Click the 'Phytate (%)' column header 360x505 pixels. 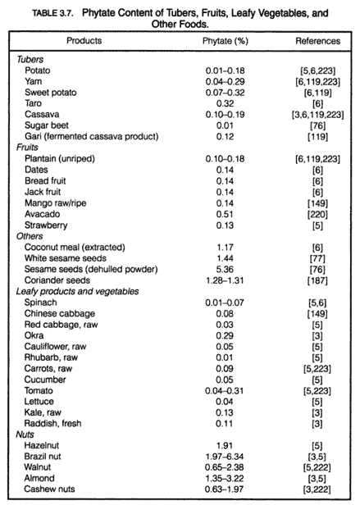[226, 41]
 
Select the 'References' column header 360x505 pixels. [318, 41]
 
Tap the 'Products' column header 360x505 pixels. [84, 41]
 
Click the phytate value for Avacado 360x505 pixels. [225, 214]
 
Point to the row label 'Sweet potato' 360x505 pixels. [51, 93]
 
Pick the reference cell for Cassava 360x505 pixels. [317, 115]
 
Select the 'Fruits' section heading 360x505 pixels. [27, 148]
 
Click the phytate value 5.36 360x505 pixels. [225, 269]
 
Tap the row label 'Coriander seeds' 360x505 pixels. [57, 280]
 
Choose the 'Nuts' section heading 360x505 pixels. [25, 434]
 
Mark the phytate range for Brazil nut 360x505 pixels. [225, 457]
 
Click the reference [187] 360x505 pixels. [317, 281]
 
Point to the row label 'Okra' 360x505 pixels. [34, 335]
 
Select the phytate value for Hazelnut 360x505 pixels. [225, 446]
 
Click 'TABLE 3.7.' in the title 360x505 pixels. [53, 13]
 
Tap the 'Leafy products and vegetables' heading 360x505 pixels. [77, 292]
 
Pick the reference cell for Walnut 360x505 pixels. [317, 467]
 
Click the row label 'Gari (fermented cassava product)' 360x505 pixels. [92, 137]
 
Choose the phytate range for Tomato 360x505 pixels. [225, 391]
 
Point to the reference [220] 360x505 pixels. [317, 215]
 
